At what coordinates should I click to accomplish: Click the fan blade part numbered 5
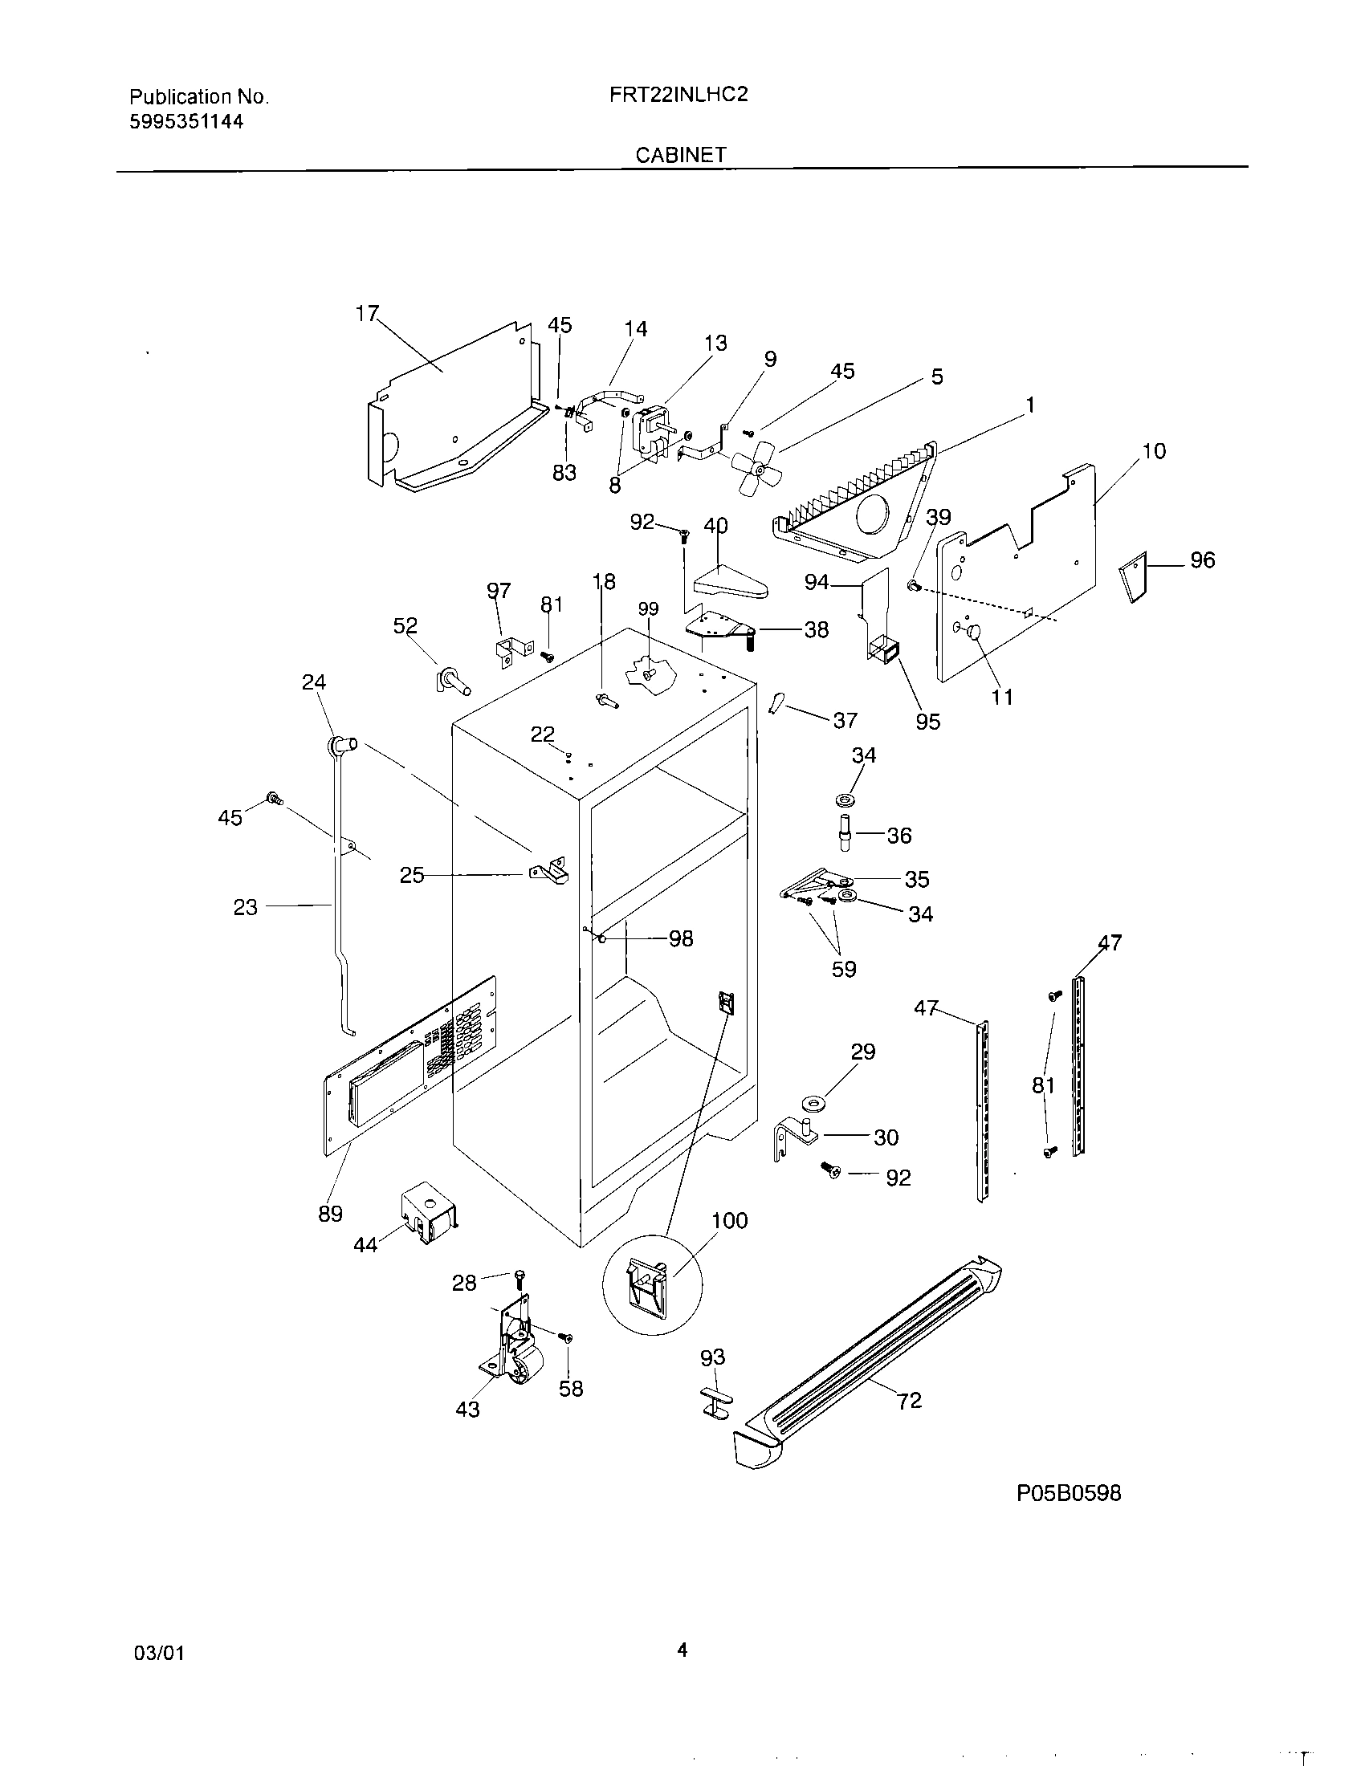tap(758, 466)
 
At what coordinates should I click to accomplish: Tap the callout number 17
tap(368, 313)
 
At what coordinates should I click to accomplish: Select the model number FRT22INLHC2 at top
tap(678, 95)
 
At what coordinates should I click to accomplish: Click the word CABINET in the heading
tap(681, 155)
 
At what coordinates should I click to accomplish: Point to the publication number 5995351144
tap(187, 122)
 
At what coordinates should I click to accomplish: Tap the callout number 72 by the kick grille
tap(910, 1401)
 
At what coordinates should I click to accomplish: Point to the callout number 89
tap(330, 1214)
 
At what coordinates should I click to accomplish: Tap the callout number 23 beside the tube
tap(246, 907)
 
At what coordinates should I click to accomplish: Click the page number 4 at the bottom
tap(682, 1650)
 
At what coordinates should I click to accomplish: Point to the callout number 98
tap(680, 939)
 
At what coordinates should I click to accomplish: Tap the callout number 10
tap(1154, 451)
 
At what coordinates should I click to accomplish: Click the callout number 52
tap(405, 626)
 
